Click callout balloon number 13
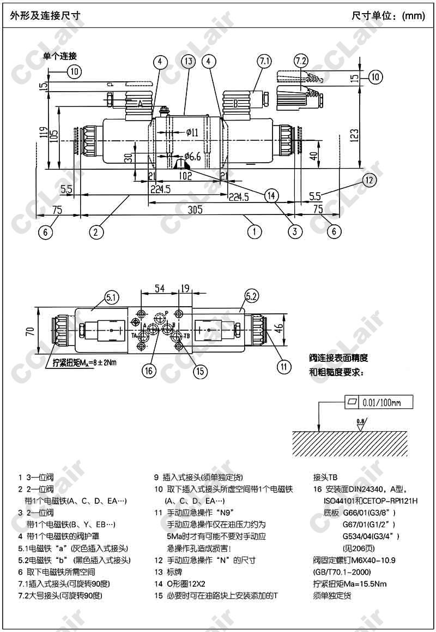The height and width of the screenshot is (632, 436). [x=188, y=61]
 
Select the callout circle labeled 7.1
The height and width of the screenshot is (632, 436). [x=264, y=61]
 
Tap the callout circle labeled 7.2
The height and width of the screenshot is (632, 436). [x=301, y=60]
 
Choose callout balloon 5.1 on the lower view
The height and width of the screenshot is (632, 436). [x=111, y=297]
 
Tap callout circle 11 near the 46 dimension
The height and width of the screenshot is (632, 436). [x=283, y=366]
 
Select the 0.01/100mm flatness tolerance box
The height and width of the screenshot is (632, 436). [x=379, y=403]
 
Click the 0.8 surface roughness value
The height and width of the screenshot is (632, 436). [x=359, y=421]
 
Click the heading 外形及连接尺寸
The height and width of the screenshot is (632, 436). [x=45, y=15]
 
